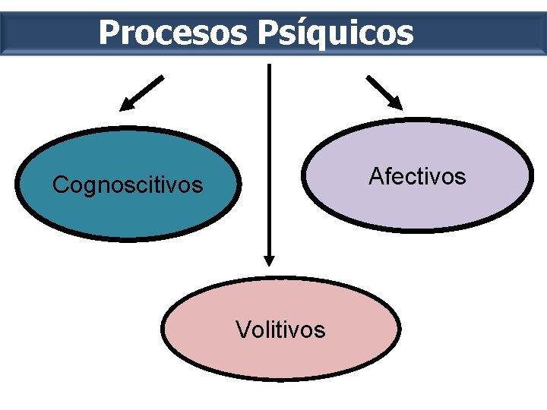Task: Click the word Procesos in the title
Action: tap(173, 33)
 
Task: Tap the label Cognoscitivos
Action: tap(128, 184)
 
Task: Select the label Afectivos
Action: tap(417, 176)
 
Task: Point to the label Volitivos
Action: tap(280, 330)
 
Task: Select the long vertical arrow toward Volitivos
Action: tap(268, 152)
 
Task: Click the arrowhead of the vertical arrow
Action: tap(268, 260)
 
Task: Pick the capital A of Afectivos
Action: tap(375, 176)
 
